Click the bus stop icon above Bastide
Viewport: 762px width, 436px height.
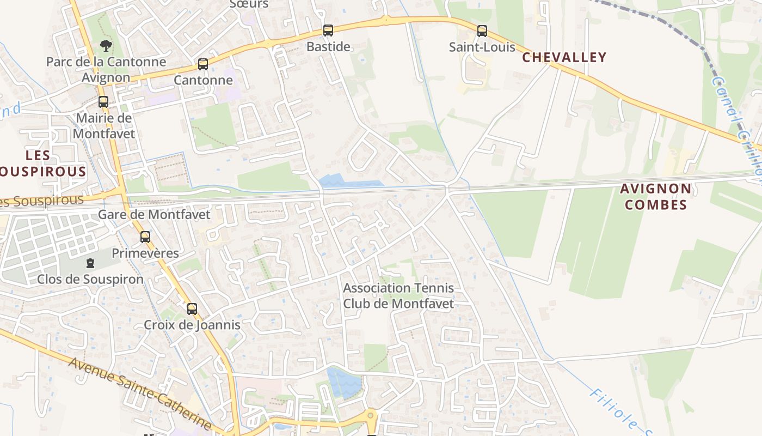pos(328,30)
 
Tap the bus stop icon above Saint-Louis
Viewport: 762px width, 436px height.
pos(482,31)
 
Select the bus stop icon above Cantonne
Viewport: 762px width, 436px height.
pos(203,64)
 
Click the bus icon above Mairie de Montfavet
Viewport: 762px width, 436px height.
pos(103,101)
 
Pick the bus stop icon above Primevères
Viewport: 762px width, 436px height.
pos(145,237)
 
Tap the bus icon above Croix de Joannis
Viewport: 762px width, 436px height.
pos(192,308)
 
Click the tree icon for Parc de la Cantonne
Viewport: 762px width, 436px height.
pos(106,46)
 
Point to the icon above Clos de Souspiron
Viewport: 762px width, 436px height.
pos(90,263)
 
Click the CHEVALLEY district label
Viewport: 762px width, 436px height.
pos(564,58)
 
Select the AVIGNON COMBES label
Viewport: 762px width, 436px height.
pos(655,197)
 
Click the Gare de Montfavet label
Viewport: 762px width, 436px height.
pos(153,215)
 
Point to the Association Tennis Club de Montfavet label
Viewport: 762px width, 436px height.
pos(398,295)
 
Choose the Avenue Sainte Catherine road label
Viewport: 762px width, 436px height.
pos(139,393)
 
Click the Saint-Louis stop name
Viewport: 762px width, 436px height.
pos(482,47)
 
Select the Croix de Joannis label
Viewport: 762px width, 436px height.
pos(192,325)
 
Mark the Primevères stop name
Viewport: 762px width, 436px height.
pos(145,253)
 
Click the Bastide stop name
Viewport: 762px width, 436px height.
pos(328,47)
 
